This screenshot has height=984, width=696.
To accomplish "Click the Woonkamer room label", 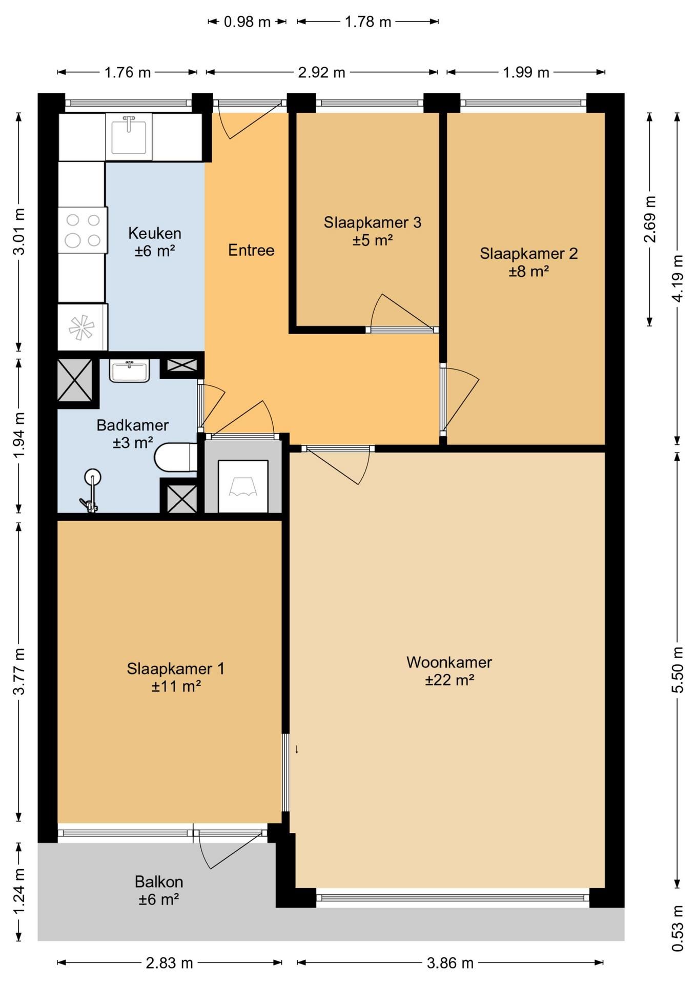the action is [x=449, y=662].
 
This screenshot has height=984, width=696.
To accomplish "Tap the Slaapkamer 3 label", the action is [x=373, y=222].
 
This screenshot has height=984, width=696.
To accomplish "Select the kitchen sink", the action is [x=129, y=136].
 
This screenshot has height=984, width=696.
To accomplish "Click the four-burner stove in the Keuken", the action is [x=83, y=230].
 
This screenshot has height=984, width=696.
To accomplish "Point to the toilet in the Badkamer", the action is [x=176, y=457].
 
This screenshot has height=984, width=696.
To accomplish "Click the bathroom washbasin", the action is [x=129, y=371].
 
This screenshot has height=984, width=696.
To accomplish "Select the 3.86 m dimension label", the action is [x=450, y=963].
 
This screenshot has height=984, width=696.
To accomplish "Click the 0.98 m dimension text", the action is [x=247, y=22].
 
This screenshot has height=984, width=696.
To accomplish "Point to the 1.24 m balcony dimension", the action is [x=19, y=891].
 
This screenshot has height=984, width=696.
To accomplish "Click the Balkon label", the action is [x=159, y=881].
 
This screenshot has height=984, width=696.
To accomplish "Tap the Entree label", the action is [x=251, y=250].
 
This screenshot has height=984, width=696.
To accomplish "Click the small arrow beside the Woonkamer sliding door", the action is [x=296, y=749].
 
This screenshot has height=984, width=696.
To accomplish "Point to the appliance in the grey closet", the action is [x=243, y=486].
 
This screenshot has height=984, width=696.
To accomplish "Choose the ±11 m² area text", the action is [x=176, y=686].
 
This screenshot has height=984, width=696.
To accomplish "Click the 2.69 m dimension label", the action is [x=649, y=219].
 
